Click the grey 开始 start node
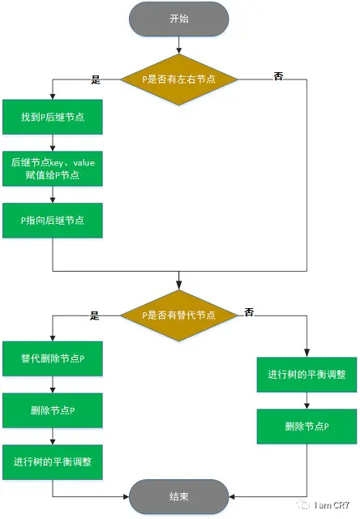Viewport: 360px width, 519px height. pyautogui.click(x=179, y=19)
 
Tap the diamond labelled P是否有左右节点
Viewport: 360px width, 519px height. pyautogui.click(x=179, y=79)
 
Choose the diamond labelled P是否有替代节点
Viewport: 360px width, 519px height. pyautogui.click(x=179, y=315)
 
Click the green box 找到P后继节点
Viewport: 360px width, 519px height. pyautogui.click(x=53, y=118)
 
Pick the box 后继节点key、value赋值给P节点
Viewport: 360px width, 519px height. pyautogui.click(x=53, y=169)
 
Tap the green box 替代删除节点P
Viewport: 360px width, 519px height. pyautogui.click(x=53, y=358)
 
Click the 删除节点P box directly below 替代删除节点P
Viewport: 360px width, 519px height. pyautogui.click(x=53, y=410)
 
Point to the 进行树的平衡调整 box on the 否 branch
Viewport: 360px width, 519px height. pyautogui.click(x=306, y=375)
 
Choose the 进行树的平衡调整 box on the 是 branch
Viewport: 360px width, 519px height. pyautogui.click(x=53, y=461)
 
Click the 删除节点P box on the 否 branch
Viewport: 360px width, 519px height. pyautogui.click(x=306, y=426)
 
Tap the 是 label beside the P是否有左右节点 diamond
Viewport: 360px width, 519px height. pyautogui.click(x=96, y=79)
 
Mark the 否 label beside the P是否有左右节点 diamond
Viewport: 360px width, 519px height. pyautogui.click(x=278, y=75)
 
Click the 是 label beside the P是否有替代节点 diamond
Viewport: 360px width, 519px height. pyautogui.click(x=95, y=315)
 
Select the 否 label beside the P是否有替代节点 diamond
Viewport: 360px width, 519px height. pyautogui.click(x=250, y=311)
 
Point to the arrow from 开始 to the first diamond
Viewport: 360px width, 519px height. pyautogui.click(x=179, y=48)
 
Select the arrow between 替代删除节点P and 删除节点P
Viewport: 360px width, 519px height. pyautogui.click(x=53, y=384)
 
